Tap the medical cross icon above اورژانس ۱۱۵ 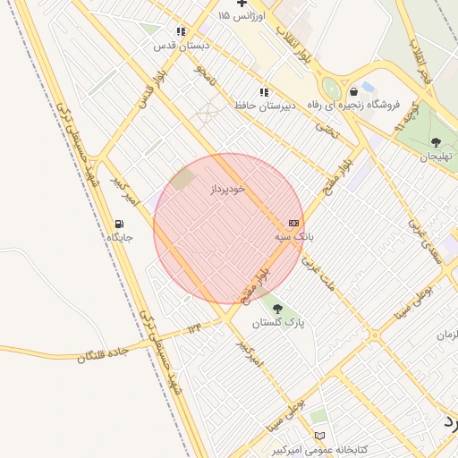tap(242, 3)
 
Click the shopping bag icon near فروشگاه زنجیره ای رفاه tap(354, 90)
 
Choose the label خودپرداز tap(226, 190)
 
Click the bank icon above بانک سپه tap(293, 223)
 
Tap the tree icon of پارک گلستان tap(277, 309)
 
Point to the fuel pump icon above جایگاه tap(119, 224)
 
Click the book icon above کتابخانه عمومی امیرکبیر tap(319, 436)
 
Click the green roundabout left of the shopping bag tap(330, 89)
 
